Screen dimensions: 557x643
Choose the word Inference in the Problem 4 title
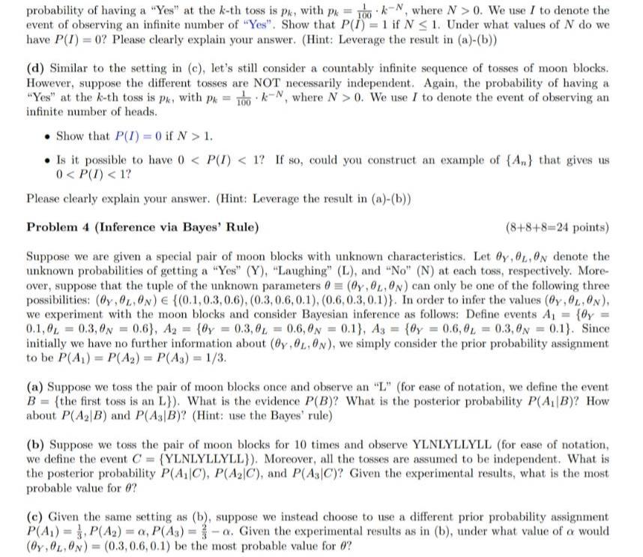coord(122,226)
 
